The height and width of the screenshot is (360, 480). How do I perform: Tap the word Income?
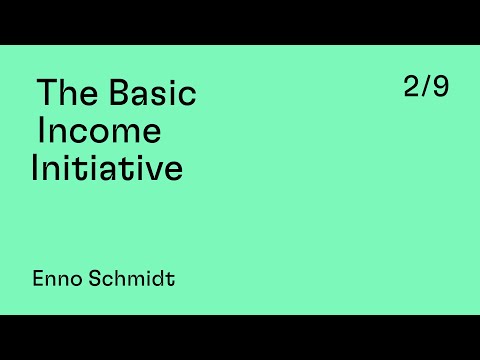point(99,131)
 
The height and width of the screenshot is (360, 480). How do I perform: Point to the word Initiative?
point(108,167)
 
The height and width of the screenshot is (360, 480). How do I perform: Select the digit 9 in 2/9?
point(441,87)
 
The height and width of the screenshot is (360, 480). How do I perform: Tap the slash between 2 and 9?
point(427,87)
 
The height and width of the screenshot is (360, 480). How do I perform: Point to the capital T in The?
point(46,94)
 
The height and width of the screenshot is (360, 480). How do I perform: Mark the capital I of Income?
point(41,131)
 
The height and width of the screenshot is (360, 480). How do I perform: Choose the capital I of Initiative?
point(35,167)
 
